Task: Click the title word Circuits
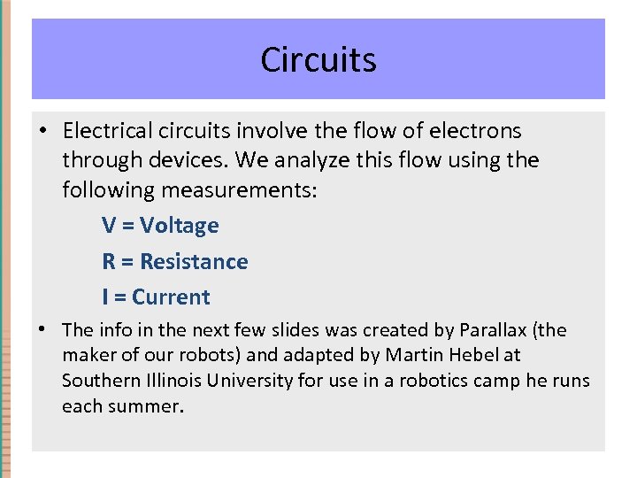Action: pyautogui.click(x=318, y=60)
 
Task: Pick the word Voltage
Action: pyautogui.click(x=180, y=226)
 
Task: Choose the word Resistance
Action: pyautogui.click(x=194, y=262)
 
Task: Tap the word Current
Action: pyautogui.click(x=173, y=297)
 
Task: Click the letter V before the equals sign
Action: pyautogui.click(x=109, y=226)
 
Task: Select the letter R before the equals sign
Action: pyautogui.click(x=109, y=262)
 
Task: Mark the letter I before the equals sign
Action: pyautogui.click(x=105, y=297)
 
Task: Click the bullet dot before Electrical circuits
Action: pyautogui.click(x=42, y=131)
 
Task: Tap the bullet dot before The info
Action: pyautogui.click(x=42, y=330)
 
